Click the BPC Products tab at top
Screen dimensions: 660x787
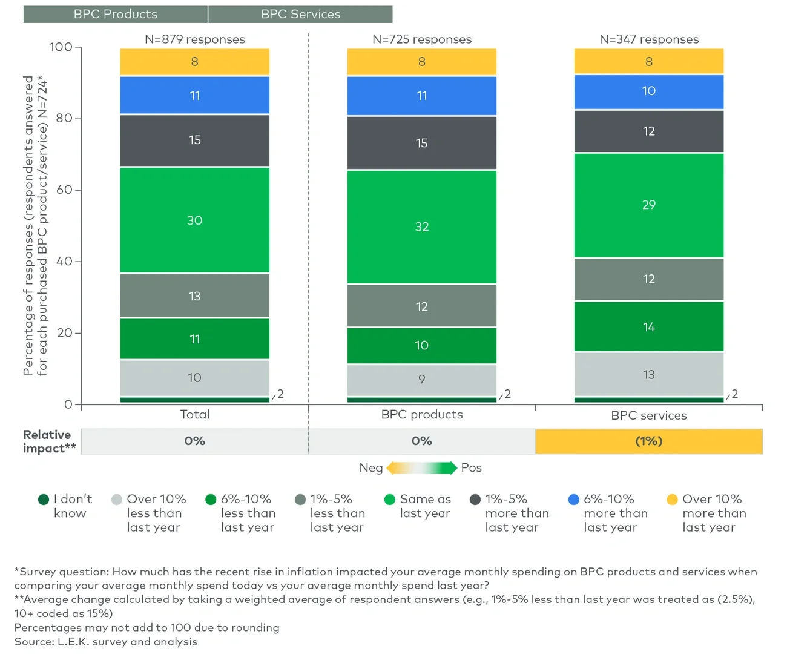115,14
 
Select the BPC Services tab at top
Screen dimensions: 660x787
300,14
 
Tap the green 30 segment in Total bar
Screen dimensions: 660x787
194,220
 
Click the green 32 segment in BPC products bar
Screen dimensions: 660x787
421,226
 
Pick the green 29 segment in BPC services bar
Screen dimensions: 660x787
648,205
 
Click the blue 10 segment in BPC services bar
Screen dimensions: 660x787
648,91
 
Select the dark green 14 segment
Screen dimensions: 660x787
648,327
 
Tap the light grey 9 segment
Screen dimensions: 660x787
421,380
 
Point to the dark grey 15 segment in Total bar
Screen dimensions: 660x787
194,140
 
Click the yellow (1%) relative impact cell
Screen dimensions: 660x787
648,441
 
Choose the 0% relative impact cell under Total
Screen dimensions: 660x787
194,441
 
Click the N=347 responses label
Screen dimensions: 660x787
648,39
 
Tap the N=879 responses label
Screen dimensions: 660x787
194,39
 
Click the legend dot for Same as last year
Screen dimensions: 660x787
390,500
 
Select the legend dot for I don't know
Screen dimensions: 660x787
44,500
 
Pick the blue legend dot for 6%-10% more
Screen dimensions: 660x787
574,500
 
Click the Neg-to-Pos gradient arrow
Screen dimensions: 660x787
421,467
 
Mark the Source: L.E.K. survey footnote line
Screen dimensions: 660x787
106,642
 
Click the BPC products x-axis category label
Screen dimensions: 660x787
421,415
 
